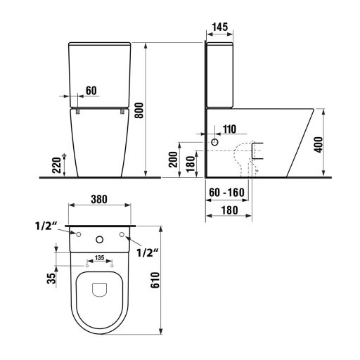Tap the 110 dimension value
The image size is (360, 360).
(229, 129)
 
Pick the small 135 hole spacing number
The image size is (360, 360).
(101, 257)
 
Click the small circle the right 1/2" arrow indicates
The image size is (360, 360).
(124, 234)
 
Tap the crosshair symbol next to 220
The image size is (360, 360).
(64, 154)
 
